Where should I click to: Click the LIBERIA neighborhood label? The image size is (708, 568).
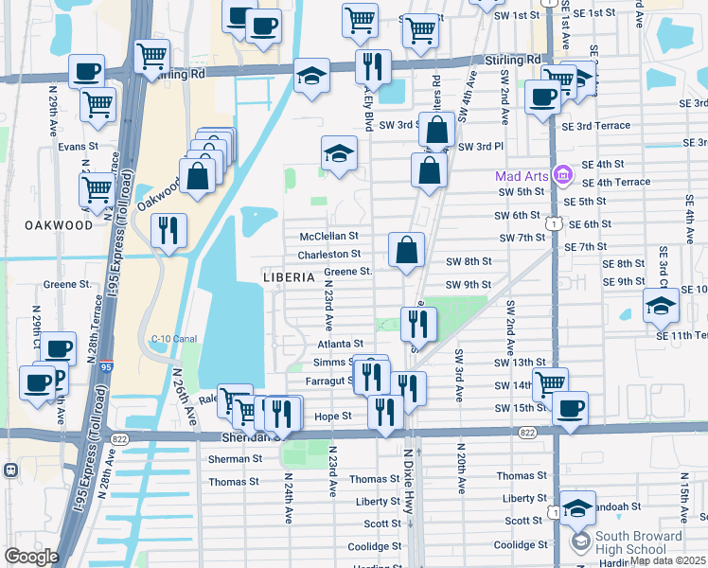pyautogui.click(x=289, y=277)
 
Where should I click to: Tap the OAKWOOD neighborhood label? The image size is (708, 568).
pyautogui.click(x=59, y=225)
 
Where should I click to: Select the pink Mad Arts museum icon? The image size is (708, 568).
pyautogui.click(x=563, y=175)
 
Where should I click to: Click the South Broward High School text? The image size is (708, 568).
pyautogui.click(x=638, y=543)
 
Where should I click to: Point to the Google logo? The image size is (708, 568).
pyautogui.click(x=31, y=557)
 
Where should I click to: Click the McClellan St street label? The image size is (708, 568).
pyautogui.click(x=329, y=236)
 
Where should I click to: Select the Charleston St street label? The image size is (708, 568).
pyautogui.click(x=329, y=255)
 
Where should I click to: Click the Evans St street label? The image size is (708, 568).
pyautogui.click(x=78, y=147)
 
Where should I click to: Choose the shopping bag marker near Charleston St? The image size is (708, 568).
pyautogui.click(x=406, y=251)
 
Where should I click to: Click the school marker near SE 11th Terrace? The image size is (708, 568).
pyautogui.click(x=661, y=306)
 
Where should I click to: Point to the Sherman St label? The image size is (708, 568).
pyautogui.click(x=235, y=459)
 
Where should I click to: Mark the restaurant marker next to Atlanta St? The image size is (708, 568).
pyautogui.click(x=416, y=325)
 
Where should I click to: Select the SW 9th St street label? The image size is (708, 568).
pyautogui.click(x=469, y=285)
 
